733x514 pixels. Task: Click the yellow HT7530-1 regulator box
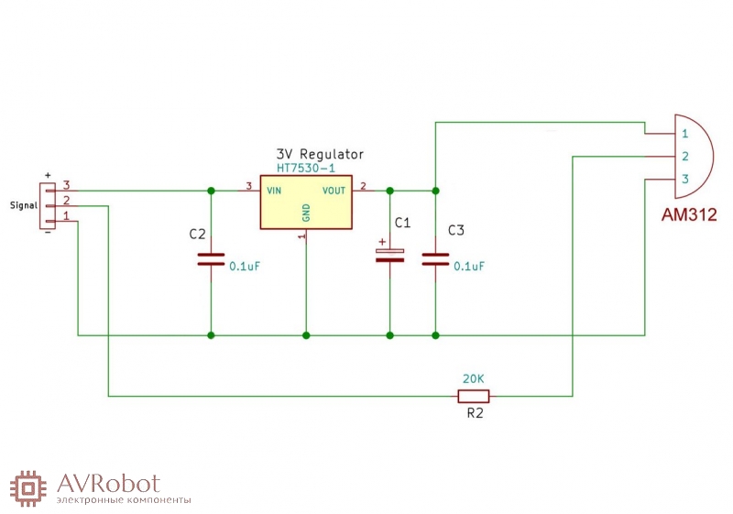306,202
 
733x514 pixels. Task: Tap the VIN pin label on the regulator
274,191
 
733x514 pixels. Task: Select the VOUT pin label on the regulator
334,191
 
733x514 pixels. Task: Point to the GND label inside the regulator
306,213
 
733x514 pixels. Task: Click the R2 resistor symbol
474,396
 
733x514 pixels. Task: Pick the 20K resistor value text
474,379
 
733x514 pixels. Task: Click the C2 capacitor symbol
211,259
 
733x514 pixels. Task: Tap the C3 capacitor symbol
436,259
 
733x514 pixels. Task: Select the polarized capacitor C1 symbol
390,256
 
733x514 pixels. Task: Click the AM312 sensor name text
689,214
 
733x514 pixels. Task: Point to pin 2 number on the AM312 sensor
685,156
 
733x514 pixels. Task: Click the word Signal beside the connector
24,205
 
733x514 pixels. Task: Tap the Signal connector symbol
48,206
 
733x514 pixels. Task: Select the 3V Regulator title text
320,154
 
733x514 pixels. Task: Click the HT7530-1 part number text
306,169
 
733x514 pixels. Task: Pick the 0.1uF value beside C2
245,267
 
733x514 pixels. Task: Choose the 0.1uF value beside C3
469,267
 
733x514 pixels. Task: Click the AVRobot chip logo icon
28,488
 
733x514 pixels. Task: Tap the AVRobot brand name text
108,484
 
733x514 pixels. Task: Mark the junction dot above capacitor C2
211,191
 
